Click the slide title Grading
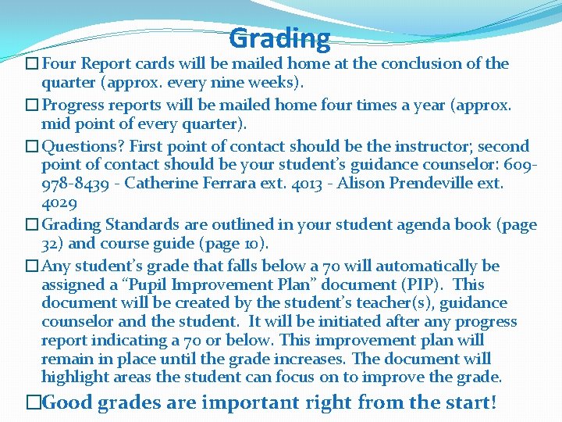[x=280, y=38]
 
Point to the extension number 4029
[x=59, y=203]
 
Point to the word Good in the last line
[x=66, y=403]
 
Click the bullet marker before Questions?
[x=31, y=146]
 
